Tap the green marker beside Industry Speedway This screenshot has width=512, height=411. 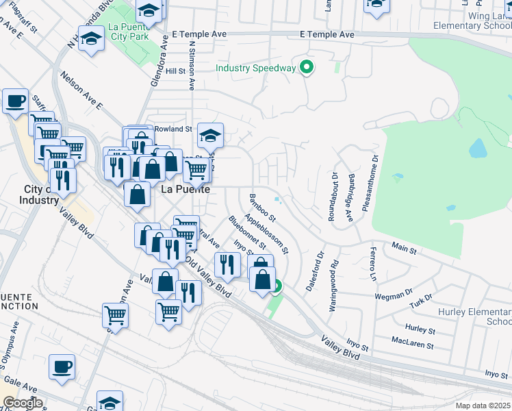307,68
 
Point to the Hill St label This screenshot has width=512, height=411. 175,71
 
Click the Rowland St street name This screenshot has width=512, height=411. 172,129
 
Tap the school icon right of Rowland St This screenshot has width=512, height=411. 210,134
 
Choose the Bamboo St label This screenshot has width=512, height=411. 262,208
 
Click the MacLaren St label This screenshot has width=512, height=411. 413,340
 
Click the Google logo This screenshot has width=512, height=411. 23,403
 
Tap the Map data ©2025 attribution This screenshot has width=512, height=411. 483,406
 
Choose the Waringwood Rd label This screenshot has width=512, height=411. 334,285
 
